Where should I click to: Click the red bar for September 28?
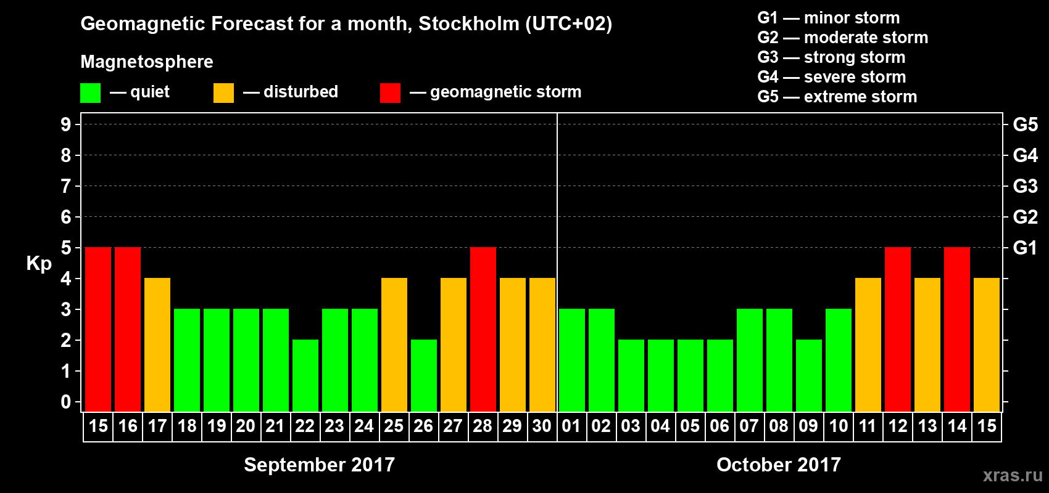tap(483, 329)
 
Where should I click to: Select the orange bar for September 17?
tap(157, 344)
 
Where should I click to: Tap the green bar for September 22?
tap(305, 375)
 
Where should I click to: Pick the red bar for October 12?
tap(898, 329)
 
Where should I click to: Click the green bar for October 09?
tap(809, 375)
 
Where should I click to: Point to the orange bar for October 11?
tap(868, 344)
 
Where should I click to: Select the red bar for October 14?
tap(957, 329)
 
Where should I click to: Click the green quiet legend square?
tap(91, 93)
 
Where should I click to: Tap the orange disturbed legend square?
tap(224, 93)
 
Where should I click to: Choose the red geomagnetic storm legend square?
tap(390, 93)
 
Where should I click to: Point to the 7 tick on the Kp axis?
tap(66, 186)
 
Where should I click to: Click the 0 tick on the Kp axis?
tap(66, 402)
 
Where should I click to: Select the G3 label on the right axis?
tap(1025, 186)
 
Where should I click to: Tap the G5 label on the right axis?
tap(1025, 124)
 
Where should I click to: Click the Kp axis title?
tap(39, 264)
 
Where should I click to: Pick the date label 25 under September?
tap(394, 426)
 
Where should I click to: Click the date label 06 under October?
tap(719, 426)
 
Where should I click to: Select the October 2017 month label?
tap(779, 465)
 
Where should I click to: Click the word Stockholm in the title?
tap(469, 24)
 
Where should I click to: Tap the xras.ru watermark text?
tap(1013, 475)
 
